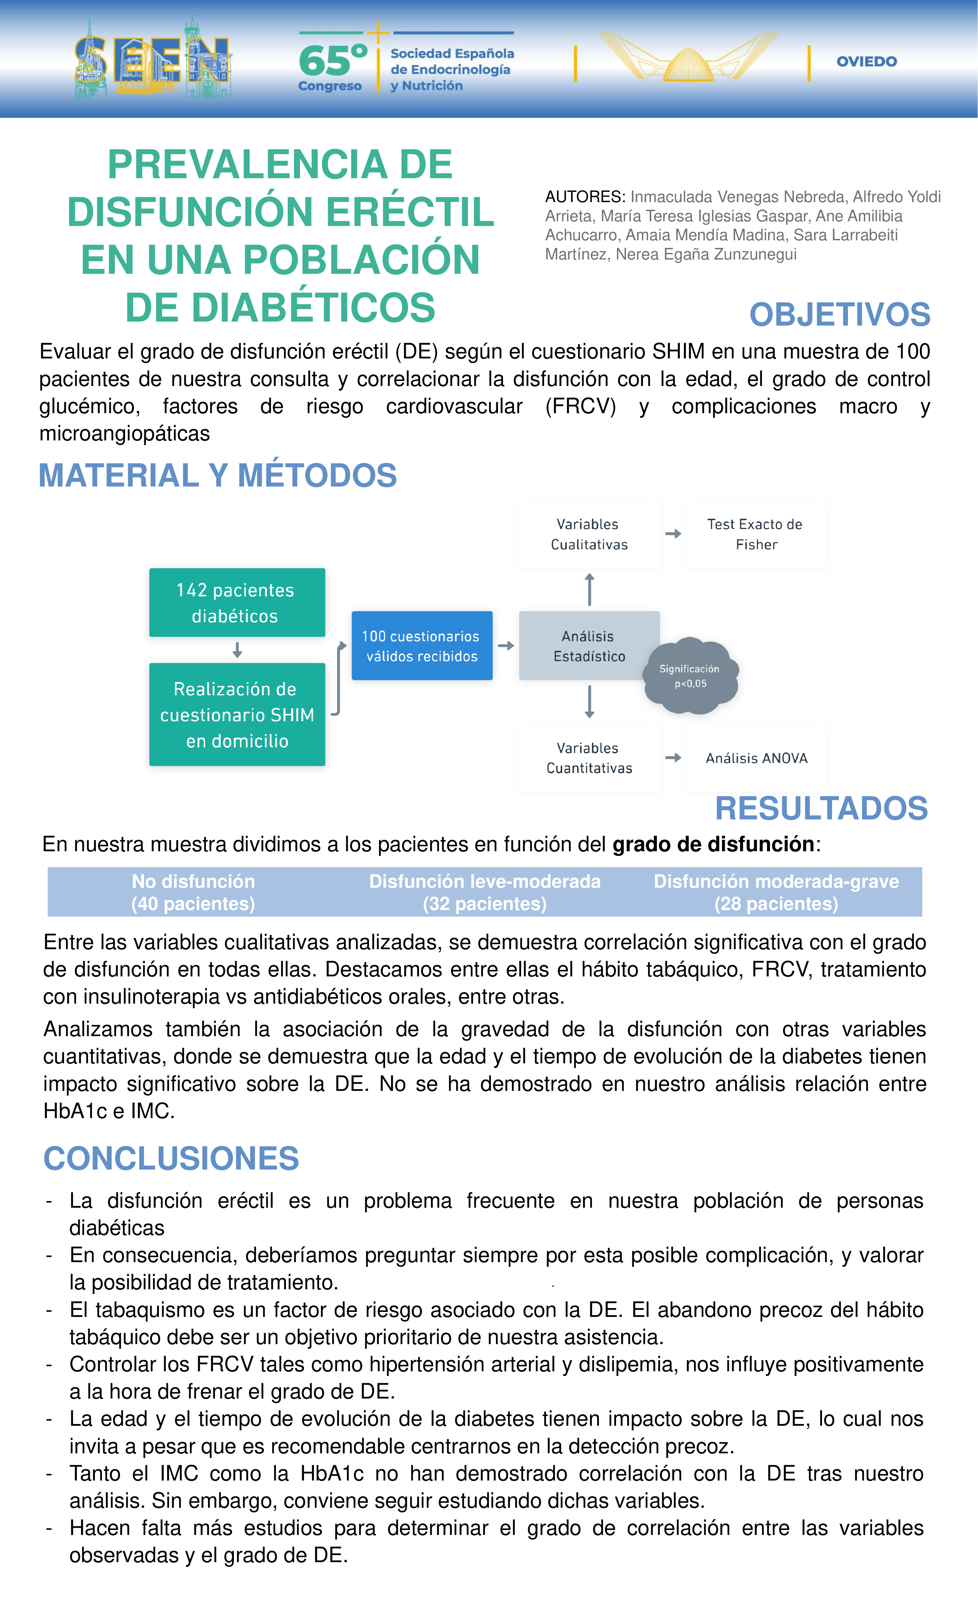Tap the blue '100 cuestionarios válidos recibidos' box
[x=422, y=646]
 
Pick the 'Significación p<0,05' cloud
[x=690, y=676]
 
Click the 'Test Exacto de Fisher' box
[x=755, y=534]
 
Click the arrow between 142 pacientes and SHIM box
[x=237, y=649]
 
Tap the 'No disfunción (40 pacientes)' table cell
[x=193, y=892]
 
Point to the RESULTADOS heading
[x=821, y=808]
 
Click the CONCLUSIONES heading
[x=171, y=1158]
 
